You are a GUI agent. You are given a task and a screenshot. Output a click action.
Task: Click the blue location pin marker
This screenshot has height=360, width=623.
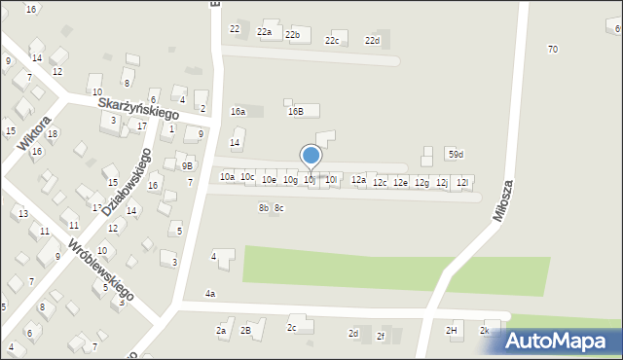311,156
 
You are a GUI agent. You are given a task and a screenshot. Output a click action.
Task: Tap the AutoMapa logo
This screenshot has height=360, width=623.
559,340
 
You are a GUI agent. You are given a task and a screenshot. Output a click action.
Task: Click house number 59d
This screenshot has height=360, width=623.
456,155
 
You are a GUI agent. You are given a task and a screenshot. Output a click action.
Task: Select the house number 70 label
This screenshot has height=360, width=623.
553,49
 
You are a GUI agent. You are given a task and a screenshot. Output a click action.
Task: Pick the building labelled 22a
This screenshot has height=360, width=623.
265,32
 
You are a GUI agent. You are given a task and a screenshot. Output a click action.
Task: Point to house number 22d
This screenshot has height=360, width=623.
372,40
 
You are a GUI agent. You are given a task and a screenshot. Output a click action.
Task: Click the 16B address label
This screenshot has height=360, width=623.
295,111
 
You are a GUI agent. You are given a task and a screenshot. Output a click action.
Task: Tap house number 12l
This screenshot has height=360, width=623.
463,182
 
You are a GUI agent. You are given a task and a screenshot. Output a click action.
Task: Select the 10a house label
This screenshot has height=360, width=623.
227,176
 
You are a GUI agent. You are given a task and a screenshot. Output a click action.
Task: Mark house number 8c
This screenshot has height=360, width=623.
279,207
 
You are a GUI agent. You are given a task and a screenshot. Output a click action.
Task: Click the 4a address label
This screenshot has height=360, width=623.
210,293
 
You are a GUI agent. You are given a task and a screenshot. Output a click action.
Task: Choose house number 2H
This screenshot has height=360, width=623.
452,330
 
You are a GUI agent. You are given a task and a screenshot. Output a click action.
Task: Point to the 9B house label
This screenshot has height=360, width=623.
187,165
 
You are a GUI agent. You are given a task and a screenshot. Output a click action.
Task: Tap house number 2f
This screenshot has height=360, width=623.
381,336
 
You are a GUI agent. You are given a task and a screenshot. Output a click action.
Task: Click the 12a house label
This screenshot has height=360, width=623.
358,179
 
